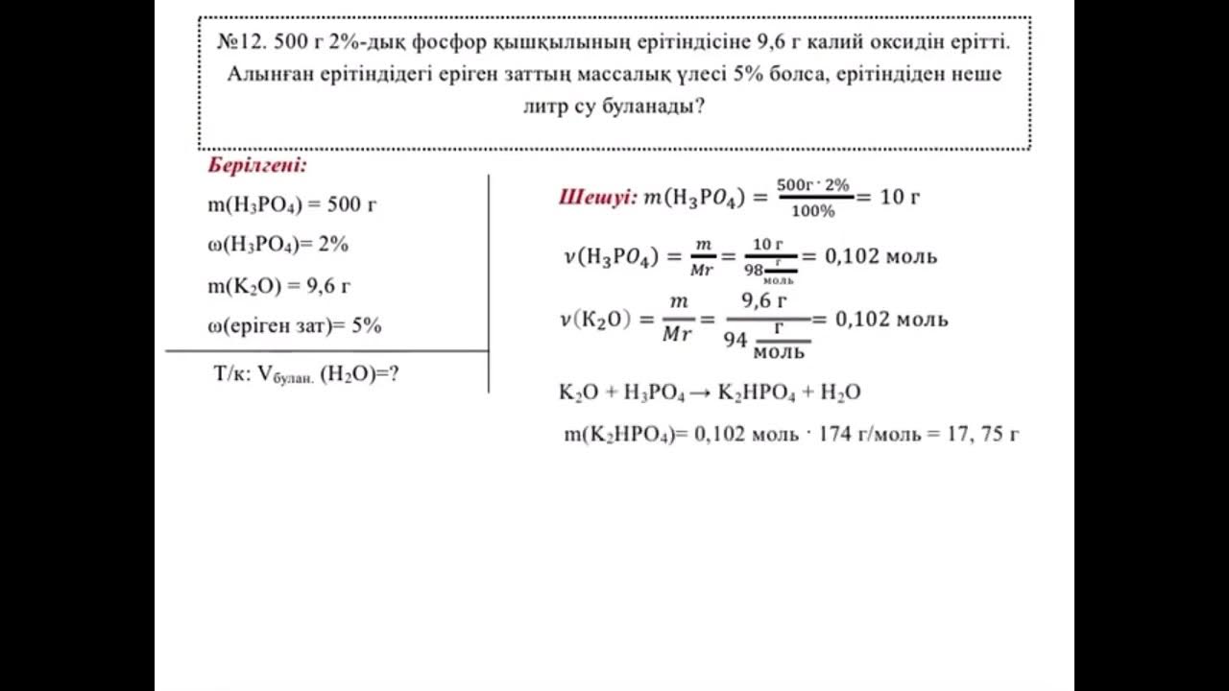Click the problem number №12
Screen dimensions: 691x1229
242,43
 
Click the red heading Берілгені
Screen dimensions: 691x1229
256,165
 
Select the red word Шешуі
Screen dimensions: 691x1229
597,197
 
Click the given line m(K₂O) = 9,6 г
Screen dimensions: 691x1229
278,286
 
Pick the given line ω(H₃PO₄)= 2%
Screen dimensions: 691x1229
277,245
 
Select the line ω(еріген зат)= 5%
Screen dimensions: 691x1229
294,326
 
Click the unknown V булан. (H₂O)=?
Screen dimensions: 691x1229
306,375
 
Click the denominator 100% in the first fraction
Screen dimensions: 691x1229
813,211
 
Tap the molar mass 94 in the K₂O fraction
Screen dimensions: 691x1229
735,339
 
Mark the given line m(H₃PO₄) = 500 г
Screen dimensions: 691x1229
285,204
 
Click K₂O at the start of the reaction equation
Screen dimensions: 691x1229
577,393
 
